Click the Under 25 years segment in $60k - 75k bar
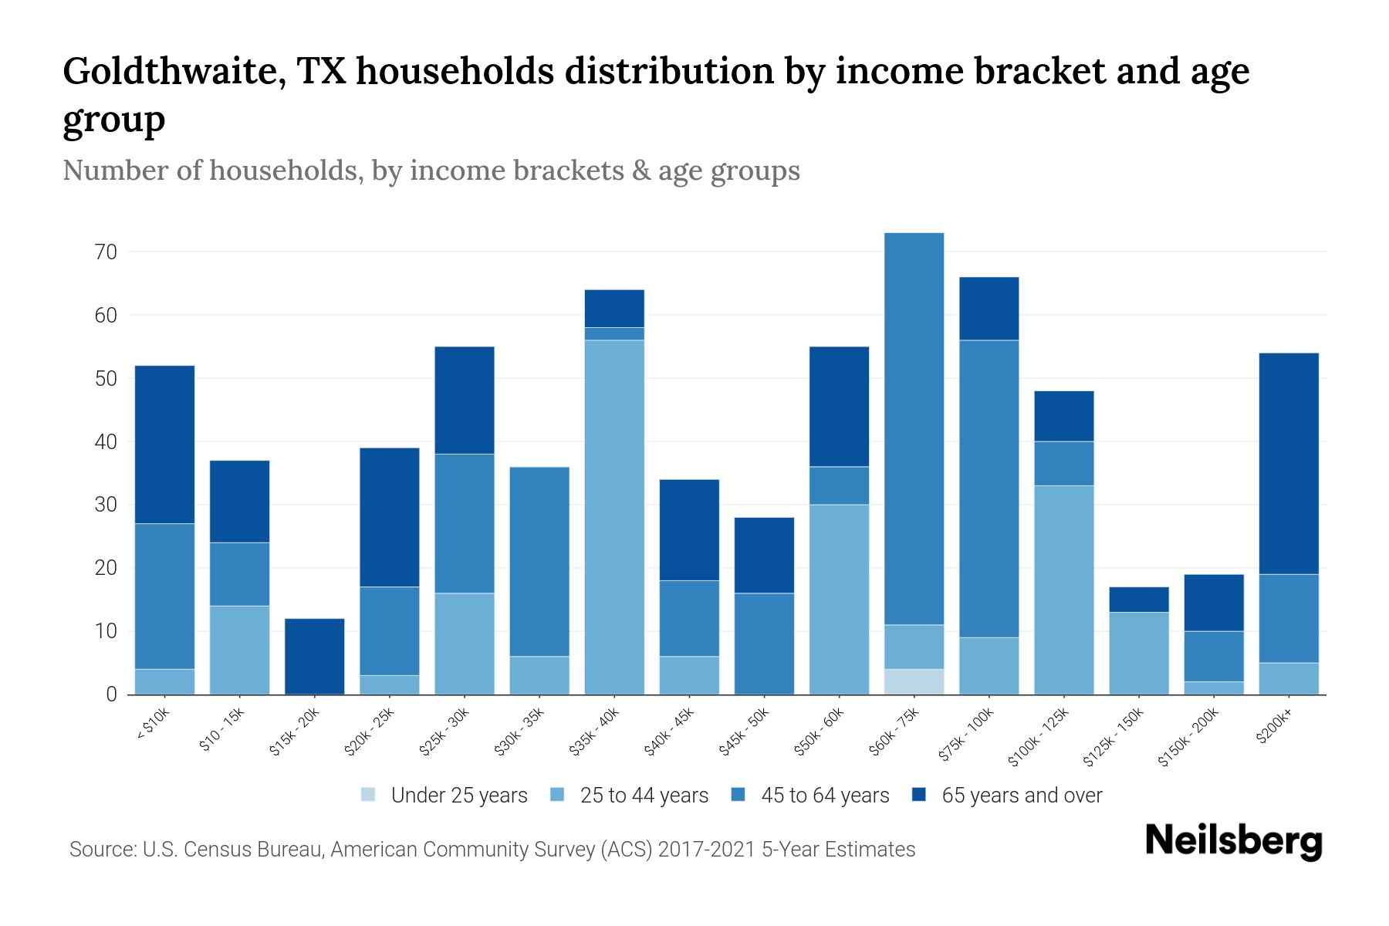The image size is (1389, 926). pos(914,681)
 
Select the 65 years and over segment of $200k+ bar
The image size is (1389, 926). pos(1288,463)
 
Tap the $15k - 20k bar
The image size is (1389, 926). pos(314,656)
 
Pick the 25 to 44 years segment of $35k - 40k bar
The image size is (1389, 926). pos(614,517)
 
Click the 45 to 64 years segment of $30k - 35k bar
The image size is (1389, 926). pos(539,561)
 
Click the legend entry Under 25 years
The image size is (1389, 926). pos(458,796)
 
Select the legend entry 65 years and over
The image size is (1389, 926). pos(1021,796)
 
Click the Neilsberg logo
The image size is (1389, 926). pos(1233,841)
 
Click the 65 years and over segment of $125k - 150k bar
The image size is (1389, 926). pos(1138,599)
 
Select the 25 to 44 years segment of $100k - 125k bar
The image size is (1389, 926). pos(1063,590)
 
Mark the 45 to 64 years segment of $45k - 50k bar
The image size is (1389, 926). pos(764,644)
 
